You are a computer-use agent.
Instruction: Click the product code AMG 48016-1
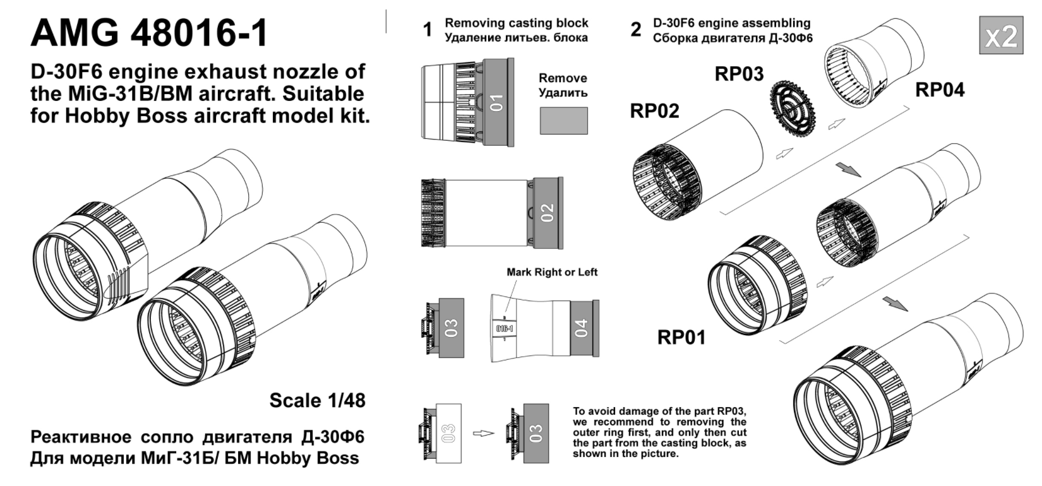coord(150,33)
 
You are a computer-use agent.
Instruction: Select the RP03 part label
coord(739,74)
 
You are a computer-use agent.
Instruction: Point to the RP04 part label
coord(940,90)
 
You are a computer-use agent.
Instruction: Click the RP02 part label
coord(654,110)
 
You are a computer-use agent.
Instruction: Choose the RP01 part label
coord(681,337)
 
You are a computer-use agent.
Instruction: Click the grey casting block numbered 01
coord(498,101)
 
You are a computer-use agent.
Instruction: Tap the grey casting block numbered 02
coord(546,212)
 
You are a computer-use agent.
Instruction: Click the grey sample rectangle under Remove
coord(563,120)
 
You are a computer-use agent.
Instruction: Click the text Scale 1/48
coord(317,400)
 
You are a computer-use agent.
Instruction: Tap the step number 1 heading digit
coord(428,30)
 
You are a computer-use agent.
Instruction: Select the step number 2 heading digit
coord(635,30)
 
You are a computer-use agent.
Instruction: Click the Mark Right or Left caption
coord(551,272)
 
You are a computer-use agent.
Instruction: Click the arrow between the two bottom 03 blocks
coord(483,433)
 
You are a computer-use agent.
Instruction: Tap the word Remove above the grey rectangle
coord(563,78)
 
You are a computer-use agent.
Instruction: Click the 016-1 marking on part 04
coord(504,329)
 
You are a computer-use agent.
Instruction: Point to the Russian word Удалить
coord(563,93)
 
